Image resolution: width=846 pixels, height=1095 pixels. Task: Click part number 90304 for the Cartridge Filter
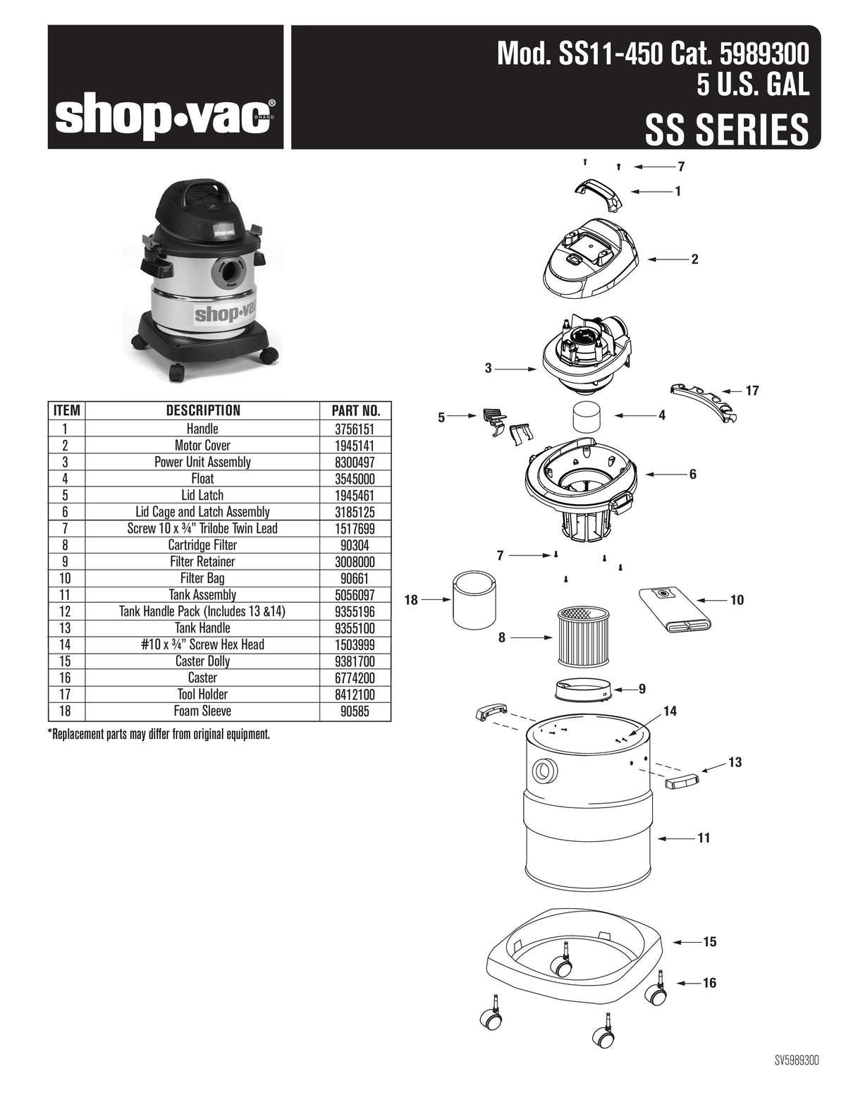(355, 545)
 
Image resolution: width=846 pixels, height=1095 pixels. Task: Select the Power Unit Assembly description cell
(202, 462)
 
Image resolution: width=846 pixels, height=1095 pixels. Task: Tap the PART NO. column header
(355, 410)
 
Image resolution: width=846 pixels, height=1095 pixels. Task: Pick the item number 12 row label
(65, 611)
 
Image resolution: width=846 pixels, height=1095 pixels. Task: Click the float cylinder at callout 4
(587, 416)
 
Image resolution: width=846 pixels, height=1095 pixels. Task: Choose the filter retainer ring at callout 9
(583, 690)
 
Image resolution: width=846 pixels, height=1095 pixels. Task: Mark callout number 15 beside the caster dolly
(709, 942)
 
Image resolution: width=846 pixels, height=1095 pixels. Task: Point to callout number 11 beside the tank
(704, 838)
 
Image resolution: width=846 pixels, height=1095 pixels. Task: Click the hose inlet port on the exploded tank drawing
(545, 771)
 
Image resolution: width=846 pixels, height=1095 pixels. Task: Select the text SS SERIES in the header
(727, 130)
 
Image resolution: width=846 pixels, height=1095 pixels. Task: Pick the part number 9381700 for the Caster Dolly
(355, 661)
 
